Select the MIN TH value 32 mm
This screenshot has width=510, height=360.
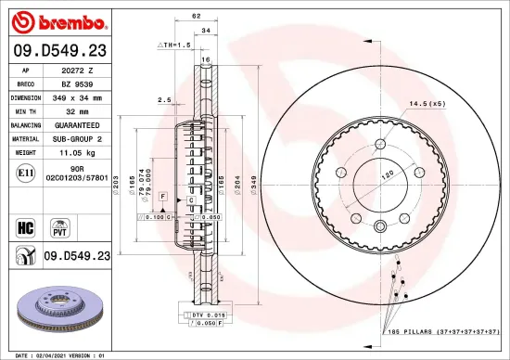tap(78, 109)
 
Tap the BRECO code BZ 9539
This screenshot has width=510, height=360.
tap(78, 83)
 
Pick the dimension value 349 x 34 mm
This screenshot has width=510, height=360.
tap(78, 96)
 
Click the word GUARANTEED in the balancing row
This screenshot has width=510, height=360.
tap(78, 123)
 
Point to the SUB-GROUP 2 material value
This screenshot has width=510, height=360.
tap(78, 136)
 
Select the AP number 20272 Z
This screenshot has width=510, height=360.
tap(78, 70)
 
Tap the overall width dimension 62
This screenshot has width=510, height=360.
tap(196, 17)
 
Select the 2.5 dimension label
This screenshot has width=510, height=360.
tap(164, 99)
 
